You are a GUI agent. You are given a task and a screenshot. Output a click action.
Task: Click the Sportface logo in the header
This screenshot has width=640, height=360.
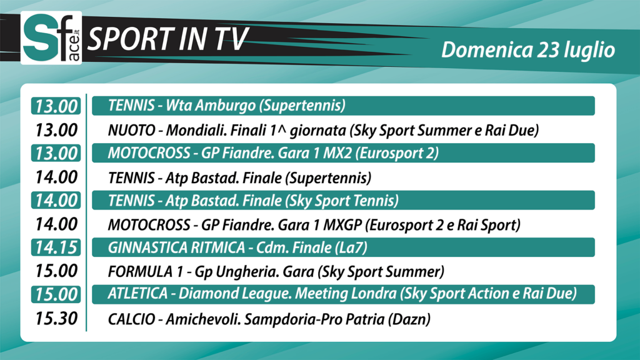51,37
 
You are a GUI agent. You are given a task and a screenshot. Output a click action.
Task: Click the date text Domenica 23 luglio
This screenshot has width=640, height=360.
528,50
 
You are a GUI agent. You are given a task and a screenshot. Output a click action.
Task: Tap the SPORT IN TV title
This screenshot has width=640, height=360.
167,39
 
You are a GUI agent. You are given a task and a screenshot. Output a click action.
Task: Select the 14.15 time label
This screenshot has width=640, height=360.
56,247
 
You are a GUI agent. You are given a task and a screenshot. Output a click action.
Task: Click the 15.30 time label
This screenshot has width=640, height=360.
56,319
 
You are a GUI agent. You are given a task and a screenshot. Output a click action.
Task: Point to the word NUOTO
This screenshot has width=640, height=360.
131,131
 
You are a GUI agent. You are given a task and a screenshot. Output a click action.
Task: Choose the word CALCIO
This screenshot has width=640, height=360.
131,319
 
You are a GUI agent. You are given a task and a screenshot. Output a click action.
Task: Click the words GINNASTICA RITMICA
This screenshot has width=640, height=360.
176,247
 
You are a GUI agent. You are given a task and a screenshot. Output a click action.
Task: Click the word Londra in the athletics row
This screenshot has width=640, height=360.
372,294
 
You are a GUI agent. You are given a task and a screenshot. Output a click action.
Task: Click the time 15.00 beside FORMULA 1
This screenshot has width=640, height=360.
56,271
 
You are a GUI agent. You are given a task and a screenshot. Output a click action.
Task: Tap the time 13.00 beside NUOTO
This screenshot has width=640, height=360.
56,130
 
